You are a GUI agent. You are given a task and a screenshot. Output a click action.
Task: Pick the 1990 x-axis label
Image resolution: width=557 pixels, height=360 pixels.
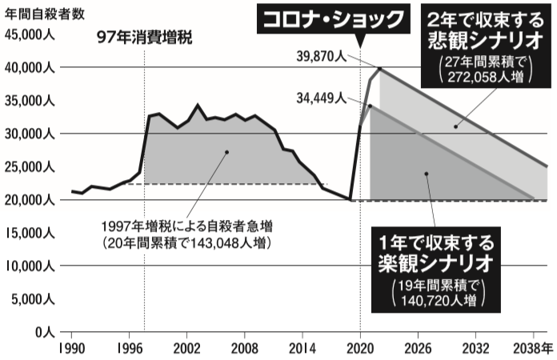click(71, 349)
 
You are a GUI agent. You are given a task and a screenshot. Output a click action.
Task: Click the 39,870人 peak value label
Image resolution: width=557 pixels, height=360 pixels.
click(320, 57)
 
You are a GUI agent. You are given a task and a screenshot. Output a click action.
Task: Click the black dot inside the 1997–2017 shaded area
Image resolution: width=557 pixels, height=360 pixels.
click(226, 151)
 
